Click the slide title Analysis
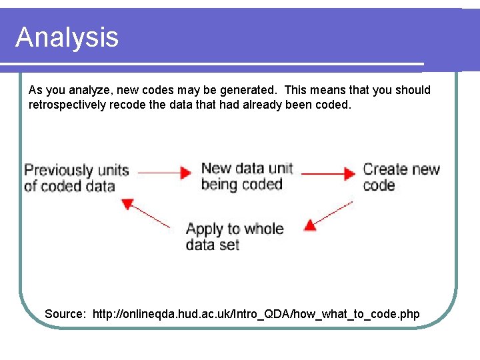coord(67,37)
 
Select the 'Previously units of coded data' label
coord(76,178)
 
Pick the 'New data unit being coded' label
coord(247,176)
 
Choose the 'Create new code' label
coord(401,177)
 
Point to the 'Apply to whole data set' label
coord(234,237)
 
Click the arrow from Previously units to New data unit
coord(164,173)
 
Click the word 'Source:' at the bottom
coord(65,313)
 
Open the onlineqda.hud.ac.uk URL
coord(256,313)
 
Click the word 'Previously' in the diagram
coord(58,170)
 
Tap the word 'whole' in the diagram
coord(263,229)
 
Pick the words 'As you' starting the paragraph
coord(47,90)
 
